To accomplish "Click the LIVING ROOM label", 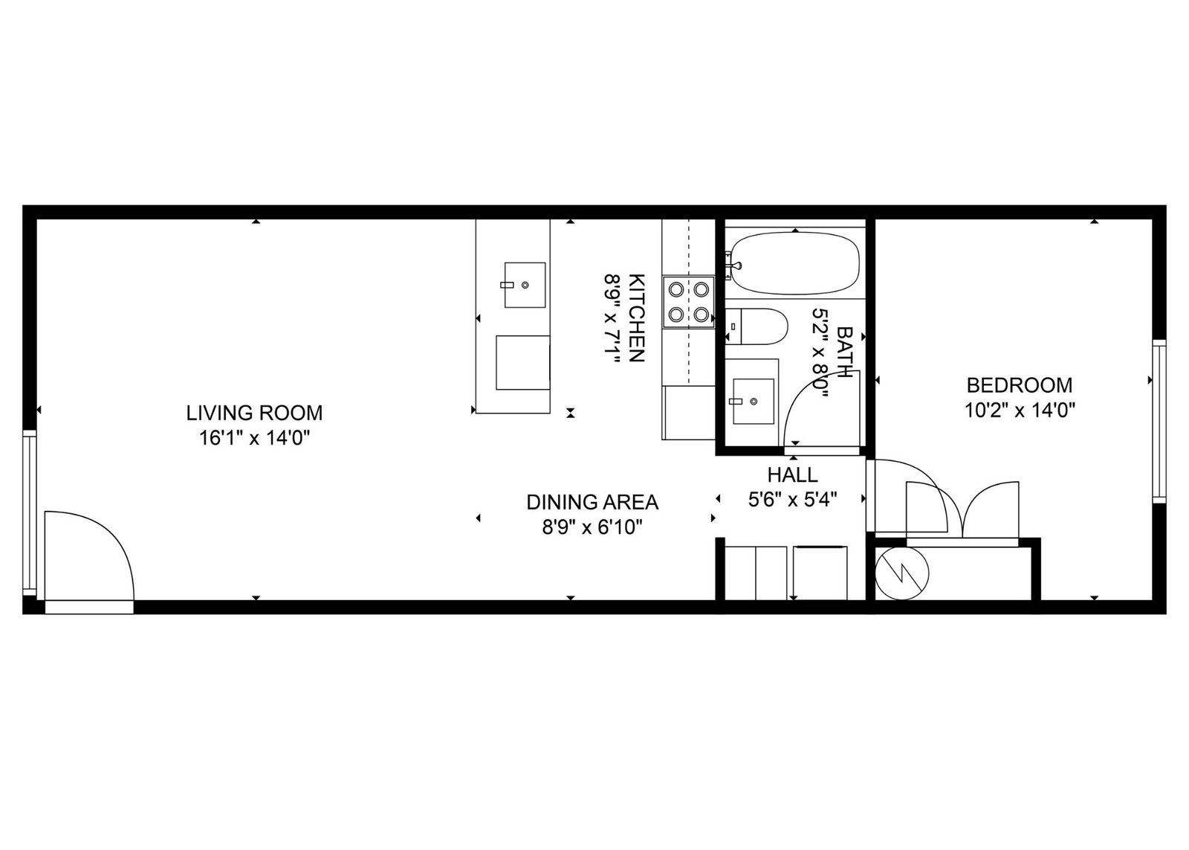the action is click(254, 413).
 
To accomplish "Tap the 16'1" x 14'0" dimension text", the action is click(254, 438).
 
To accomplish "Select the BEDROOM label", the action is click(1020, 384).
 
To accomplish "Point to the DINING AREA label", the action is click(592, 502).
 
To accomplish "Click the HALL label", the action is click(792, 474).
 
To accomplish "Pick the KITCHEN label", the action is click(637, 318).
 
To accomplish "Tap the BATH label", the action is click(844, 351).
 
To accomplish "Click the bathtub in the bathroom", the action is click(795, 263).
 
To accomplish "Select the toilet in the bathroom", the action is click(757, 326).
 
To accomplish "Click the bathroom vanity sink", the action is click(754, 401).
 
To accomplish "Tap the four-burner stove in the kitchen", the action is click(688, 302).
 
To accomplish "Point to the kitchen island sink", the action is click(525, 285).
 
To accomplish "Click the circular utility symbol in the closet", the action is click(902, 574).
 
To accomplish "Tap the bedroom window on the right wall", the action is click(1159, 421).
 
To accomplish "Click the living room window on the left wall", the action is click(30, 512).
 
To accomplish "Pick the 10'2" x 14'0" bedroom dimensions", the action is click(1020, 410).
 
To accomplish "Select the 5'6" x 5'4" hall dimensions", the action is click(792, 500).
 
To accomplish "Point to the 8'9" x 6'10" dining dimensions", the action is click(592, 527).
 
